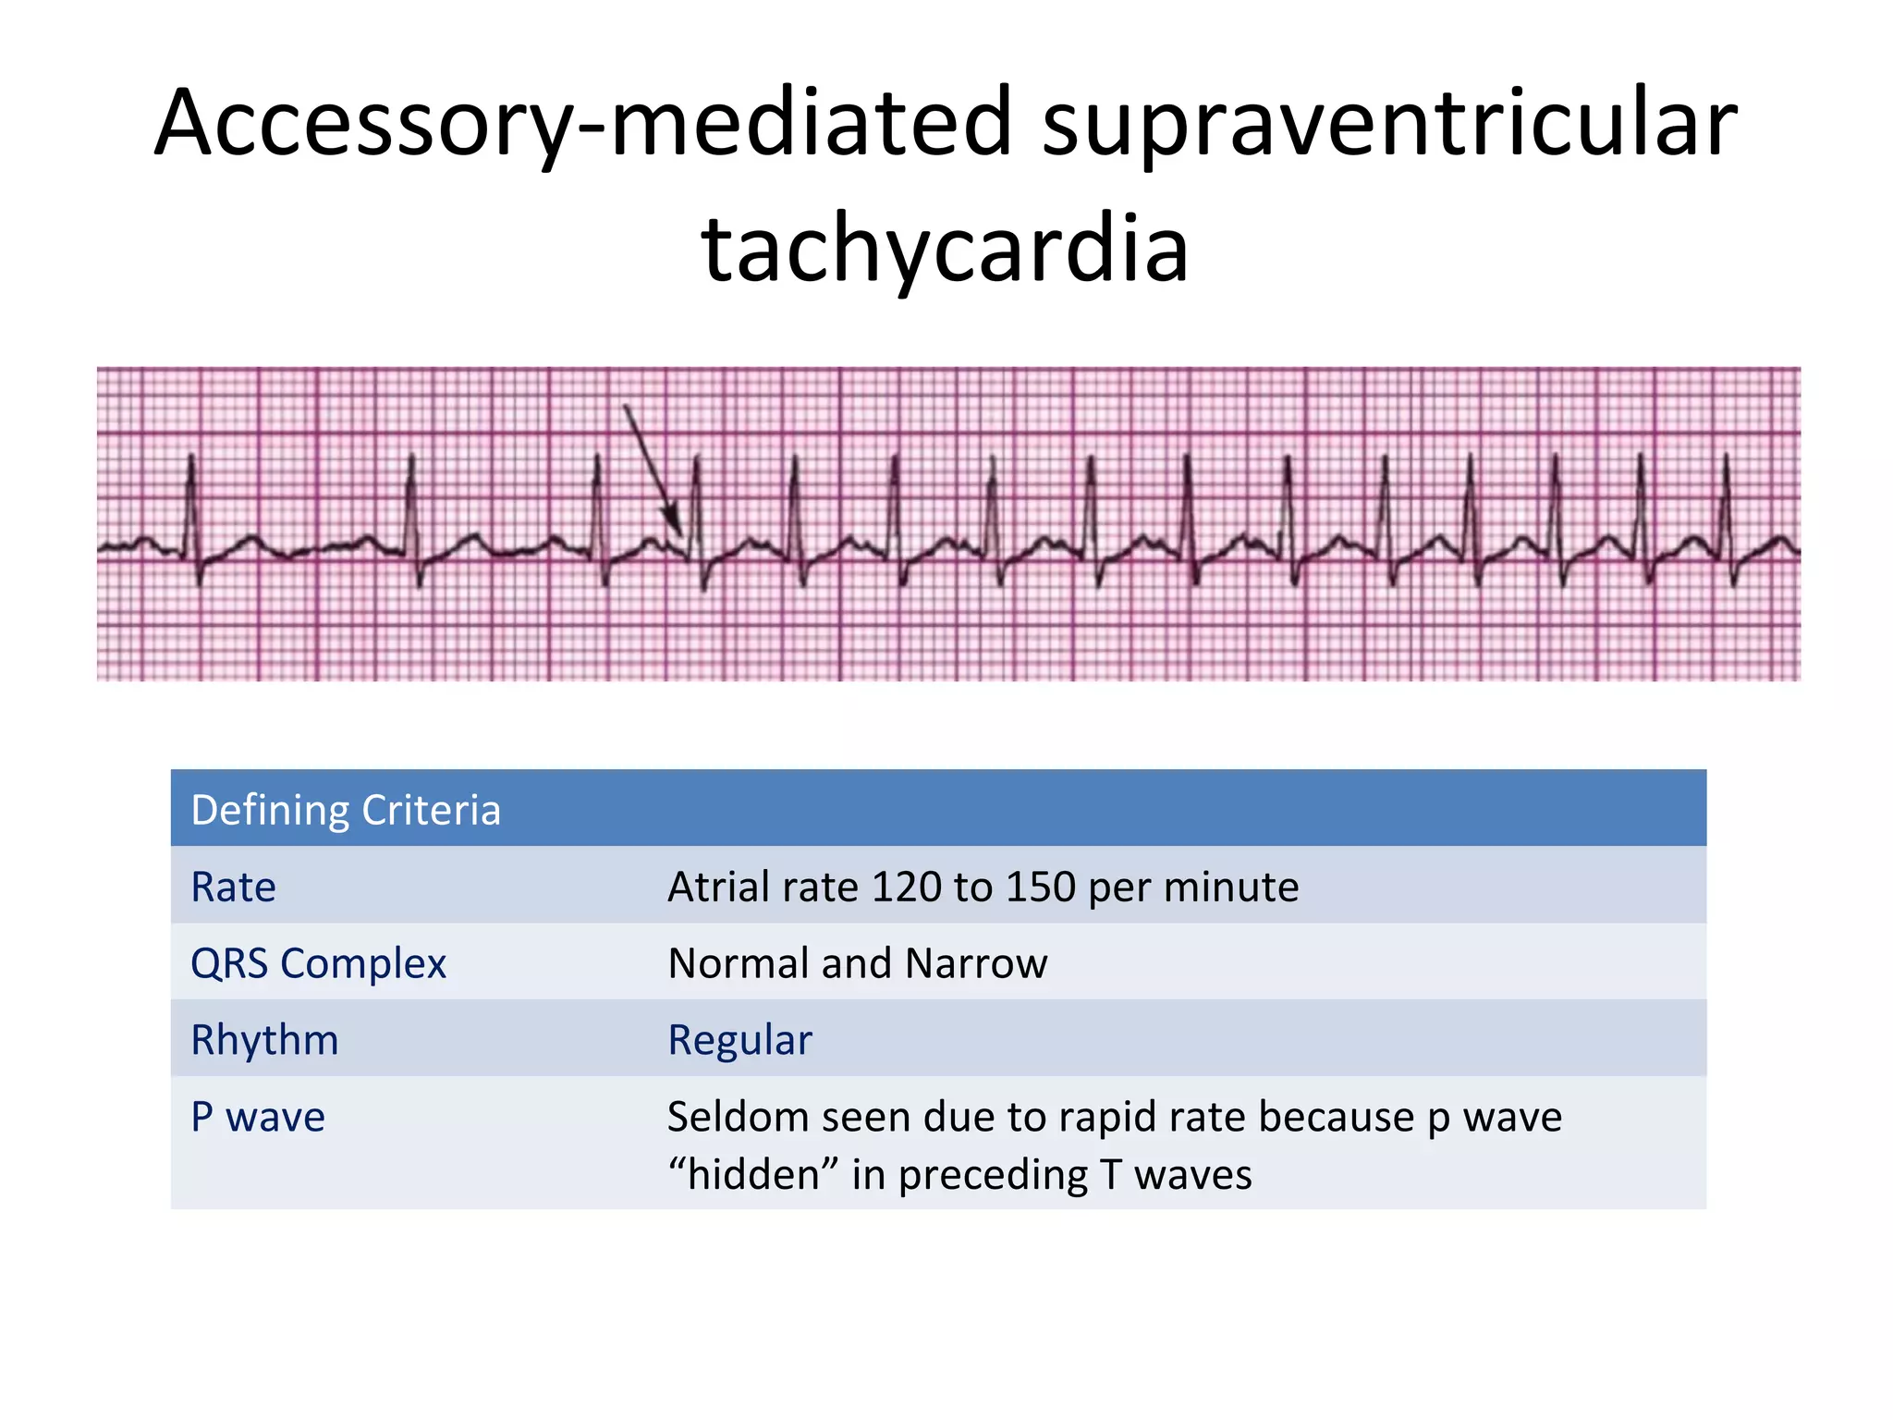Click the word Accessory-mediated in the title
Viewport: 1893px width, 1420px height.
[582, 122]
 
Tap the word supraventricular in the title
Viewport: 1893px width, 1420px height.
[1388, 122]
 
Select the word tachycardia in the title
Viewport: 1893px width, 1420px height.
[945, 248]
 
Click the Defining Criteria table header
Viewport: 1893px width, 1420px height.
[346, 810]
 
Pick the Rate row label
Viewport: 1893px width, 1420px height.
[233, 887]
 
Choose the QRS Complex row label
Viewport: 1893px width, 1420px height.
[318, 963]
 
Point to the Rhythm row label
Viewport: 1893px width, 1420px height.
[264, 1040]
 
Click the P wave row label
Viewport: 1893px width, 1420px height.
[258, 1117]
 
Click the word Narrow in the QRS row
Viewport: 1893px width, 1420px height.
[976, 963]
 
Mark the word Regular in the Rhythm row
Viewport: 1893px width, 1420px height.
[739, 1040]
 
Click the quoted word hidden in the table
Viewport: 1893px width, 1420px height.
[754, 1174]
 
